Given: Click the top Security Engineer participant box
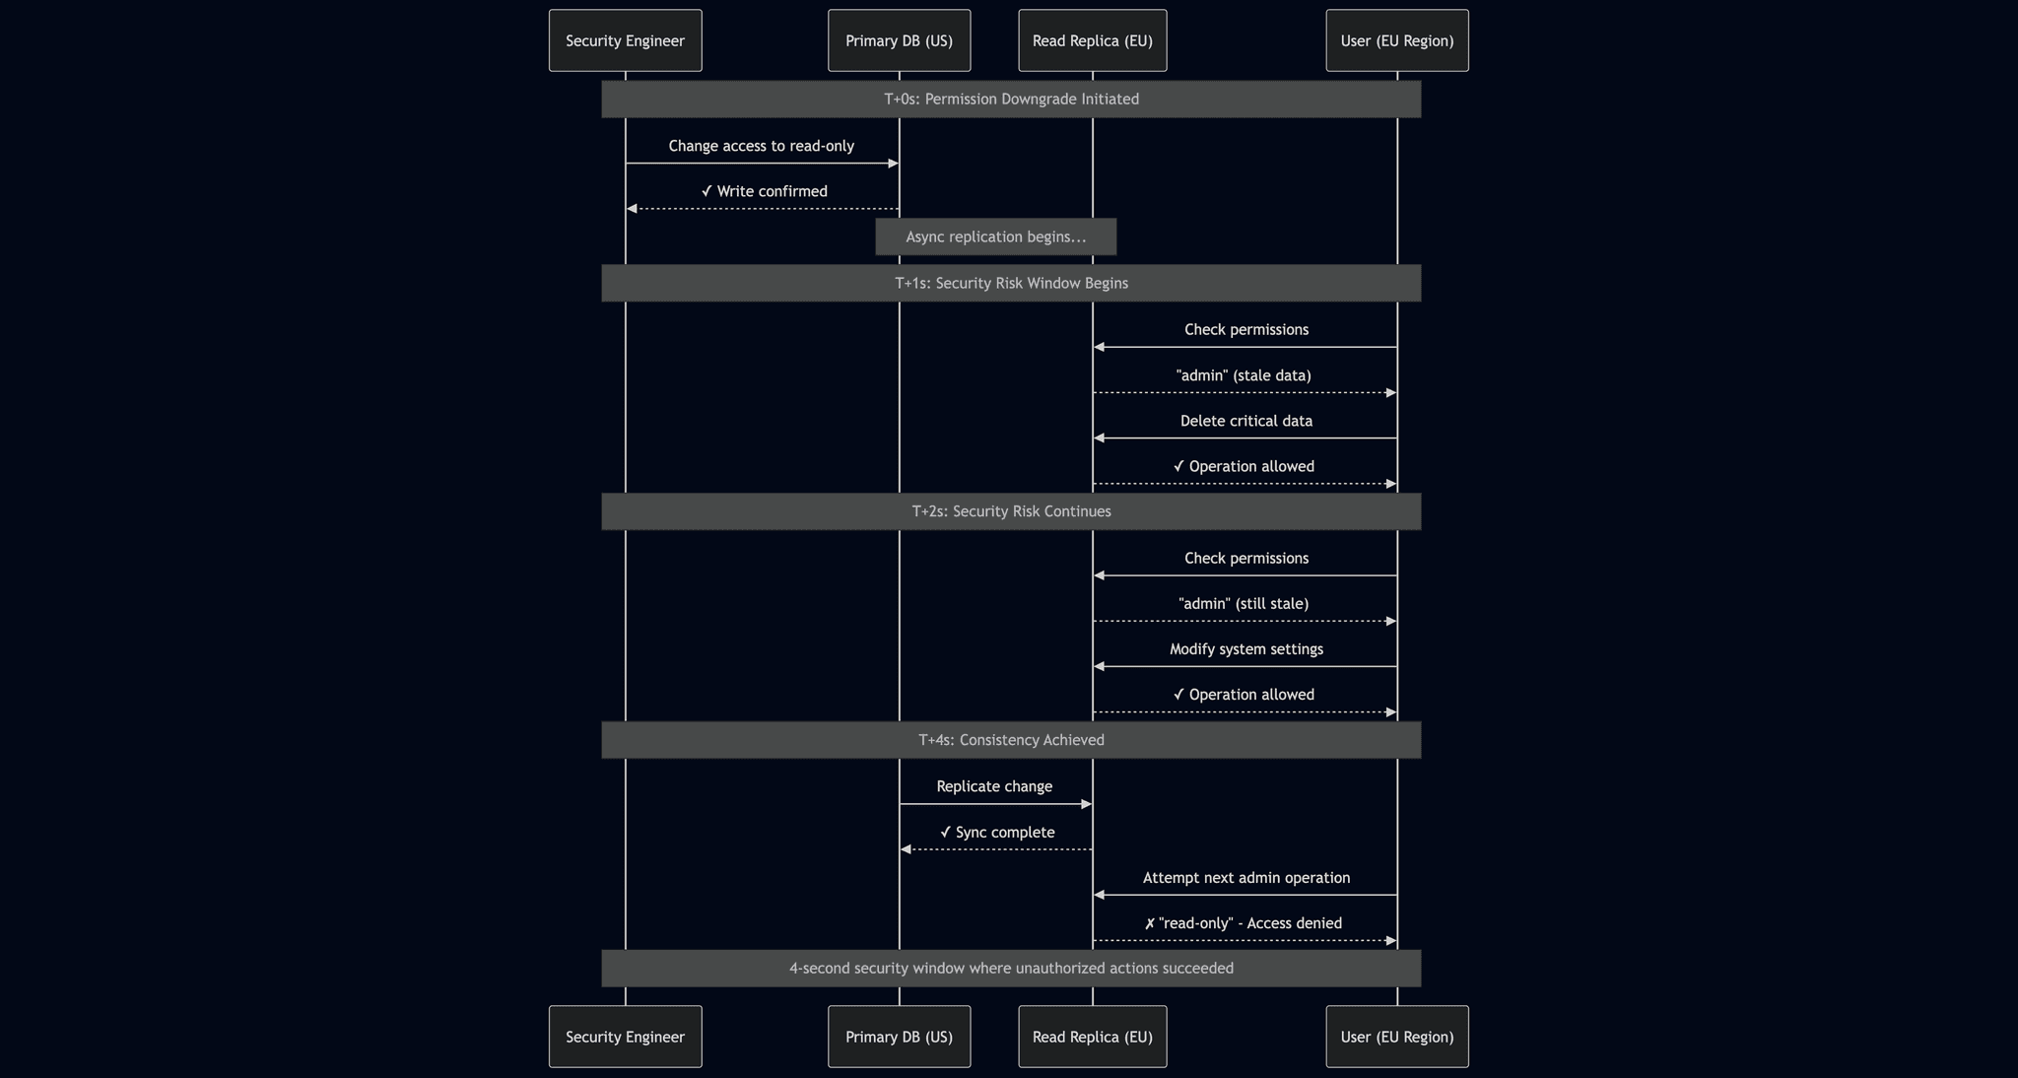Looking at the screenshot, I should pos(625,40).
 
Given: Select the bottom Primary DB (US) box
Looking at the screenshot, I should pos(899,1037).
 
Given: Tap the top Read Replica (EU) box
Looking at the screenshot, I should pos(1092,40).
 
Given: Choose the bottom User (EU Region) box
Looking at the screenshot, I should pos(1396,1037).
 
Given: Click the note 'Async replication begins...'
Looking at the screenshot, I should pos(995,236).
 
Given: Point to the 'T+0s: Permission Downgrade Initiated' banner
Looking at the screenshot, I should pos(1011,100).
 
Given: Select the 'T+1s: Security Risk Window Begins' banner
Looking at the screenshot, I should pos(1011,283).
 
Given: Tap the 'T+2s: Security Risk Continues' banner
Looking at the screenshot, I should pos(1011,511).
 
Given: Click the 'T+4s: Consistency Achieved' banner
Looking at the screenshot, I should pos(1011,740).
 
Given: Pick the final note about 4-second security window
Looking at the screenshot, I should pos(1011,969).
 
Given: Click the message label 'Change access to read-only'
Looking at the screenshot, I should pos(761,146).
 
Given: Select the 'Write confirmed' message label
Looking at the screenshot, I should pos(765,191).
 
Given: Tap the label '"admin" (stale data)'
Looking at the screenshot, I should pos(1244,375).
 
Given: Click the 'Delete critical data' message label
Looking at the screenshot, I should pos(1245,421).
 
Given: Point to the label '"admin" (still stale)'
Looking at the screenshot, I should pos(1244,603).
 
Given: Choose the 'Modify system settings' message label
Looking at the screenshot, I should pos(1245,649).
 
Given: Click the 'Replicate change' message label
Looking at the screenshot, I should pos(994,786).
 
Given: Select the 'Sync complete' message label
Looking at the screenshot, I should pos(997,833).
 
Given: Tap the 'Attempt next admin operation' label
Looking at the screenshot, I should pos(1245,878).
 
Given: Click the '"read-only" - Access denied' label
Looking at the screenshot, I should pos(1244,923).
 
